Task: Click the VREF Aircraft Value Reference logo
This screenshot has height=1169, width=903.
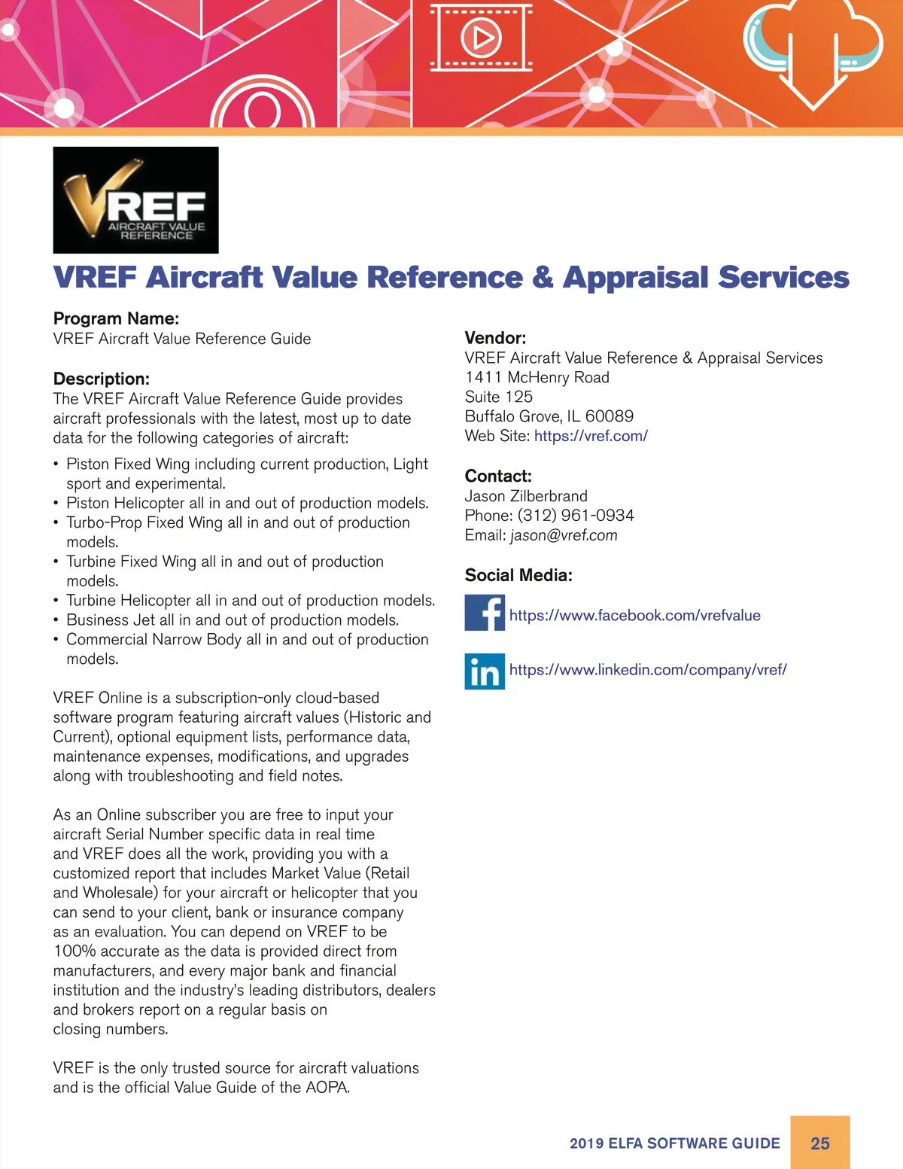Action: tap(135, 199)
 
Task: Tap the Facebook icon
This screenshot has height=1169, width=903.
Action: tap(484, 612)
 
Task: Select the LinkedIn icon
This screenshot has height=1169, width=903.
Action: tap(484, 671)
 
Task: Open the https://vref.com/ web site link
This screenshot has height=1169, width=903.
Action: tap(591, 436)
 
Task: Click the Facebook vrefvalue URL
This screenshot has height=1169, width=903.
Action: tap(634, 616)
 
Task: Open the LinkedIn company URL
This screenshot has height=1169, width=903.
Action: tap(648, 670)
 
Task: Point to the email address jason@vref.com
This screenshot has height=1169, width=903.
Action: tap(564, 535)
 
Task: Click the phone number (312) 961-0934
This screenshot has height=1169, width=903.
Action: tap(576, 516)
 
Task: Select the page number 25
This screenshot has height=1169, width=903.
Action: tap(819, 1143)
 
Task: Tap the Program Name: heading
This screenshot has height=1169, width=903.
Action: tap(116, 318)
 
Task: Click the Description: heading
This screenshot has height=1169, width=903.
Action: tap(102, 379)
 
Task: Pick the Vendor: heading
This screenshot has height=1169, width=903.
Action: tap(495, 338)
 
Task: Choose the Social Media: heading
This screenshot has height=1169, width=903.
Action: tap(518, 575)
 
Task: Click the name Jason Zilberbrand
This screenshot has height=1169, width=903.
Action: tap(526, 496)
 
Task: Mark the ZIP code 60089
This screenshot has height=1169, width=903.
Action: tap(610, 416)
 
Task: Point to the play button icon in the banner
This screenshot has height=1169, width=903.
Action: tap(481, 37)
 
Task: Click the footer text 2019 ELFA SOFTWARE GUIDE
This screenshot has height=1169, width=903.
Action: tap(675, 1143)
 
